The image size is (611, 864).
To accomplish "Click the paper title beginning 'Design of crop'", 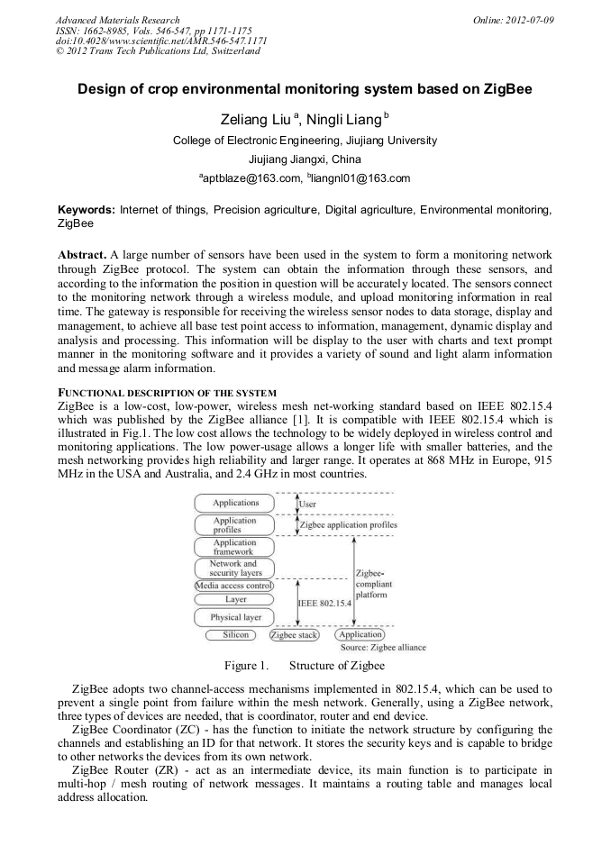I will [305, 90].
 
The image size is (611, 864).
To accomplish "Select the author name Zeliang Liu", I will [255, 120].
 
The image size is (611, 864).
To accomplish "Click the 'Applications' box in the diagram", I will [235, 503].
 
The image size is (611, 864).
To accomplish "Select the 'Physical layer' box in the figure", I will [235, 617].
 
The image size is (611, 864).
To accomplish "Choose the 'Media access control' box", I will [234, 586].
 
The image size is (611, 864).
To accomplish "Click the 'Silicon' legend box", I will [229, 635].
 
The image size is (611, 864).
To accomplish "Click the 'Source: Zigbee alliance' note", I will [383, 647].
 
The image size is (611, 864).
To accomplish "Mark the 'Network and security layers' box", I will [235, 568].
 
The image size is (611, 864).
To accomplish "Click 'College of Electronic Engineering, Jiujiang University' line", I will [305, 141].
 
